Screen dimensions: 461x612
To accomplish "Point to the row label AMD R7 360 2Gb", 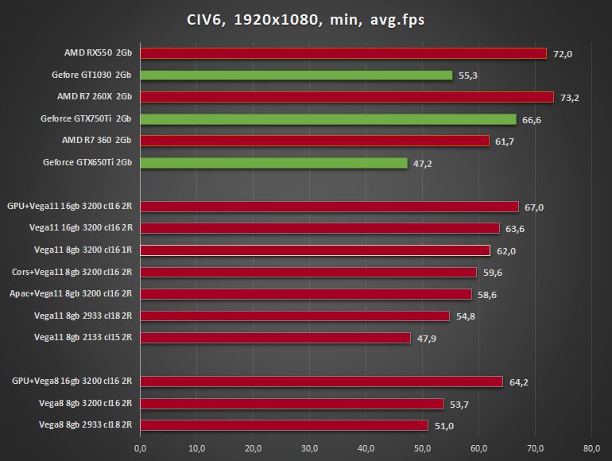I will [96, 141].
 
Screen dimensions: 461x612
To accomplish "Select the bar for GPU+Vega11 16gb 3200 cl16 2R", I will [329, 207].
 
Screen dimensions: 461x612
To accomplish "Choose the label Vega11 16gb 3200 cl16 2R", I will [80, 229].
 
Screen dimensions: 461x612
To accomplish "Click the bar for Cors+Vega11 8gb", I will [308, 272].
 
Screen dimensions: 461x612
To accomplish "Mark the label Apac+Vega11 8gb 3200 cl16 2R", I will [71, 294].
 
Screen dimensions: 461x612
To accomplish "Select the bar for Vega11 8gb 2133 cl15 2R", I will [275, 338].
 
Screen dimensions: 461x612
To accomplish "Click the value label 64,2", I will [519, 382].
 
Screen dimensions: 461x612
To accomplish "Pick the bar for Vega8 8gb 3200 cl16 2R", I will [292, 404].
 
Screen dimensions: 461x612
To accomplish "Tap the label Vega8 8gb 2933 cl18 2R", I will [85, 425].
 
